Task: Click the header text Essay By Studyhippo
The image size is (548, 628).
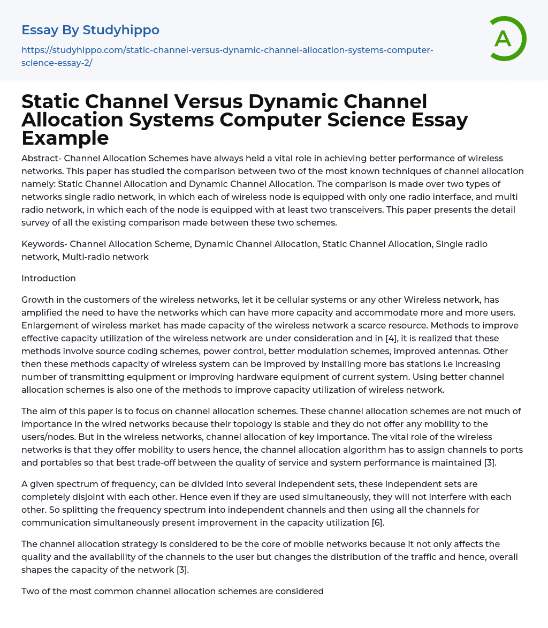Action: tap(90, 30)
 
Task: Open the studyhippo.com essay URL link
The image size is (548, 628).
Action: tap(227, 56)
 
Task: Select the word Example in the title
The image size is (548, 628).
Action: tap(65, 138)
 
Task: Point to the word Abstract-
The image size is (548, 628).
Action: tap(41, 158)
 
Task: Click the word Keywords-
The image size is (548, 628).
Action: tap(44, 244)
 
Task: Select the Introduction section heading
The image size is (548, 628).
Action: tap(49, 278)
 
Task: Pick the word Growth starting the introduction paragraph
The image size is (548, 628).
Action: tap(37, 300)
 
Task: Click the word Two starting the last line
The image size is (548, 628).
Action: tap(30, 591)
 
